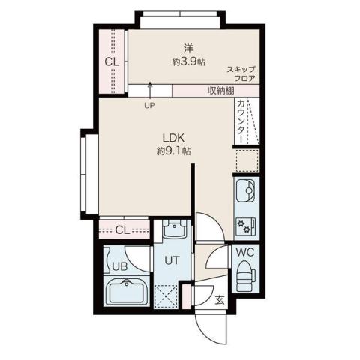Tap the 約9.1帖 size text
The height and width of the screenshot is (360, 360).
173,151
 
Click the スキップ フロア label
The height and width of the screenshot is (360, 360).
241,73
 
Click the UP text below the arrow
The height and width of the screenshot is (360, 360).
149,105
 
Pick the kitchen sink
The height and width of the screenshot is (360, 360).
246,192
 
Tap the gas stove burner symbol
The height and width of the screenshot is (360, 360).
245,224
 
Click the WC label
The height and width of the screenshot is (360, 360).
245,253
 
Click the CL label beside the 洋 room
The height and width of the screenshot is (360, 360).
111,61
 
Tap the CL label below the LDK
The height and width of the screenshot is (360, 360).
124,229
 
